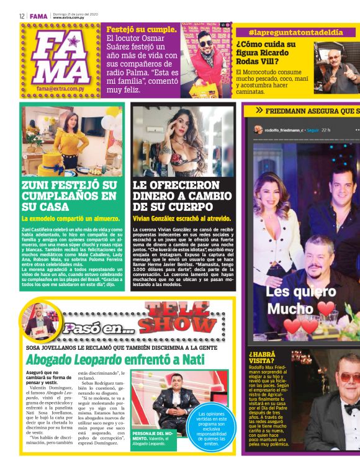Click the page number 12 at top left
pyautogui.click(x=21, y=16)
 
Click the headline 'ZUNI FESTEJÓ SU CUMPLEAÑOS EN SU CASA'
pyautogui.click(x=69, y=197)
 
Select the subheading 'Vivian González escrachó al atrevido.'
pyautogui.click(x=182, y=218)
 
